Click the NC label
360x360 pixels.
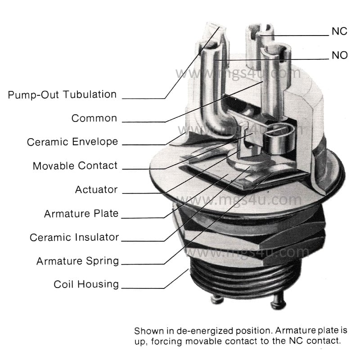coord(339,31)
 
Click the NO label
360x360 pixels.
coord(340,55)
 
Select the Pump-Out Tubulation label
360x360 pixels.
coord(62,94)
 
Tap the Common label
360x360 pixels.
coord(94,118)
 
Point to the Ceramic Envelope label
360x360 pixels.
coord(72,142)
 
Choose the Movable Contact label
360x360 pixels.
coord(75,166)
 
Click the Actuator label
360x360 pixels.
coord(96,189)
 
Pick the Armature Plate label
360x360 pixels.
coord(81,213)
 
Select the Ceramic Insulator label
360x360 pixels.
coord(74,237)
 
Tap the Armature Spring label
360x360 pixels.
coord(77,261)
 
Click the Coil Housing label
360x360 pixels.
coord(86,284)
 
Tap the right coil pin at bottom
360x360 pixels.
coord(278,304)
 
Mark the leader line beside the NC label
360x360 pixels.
coord(301,35)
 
